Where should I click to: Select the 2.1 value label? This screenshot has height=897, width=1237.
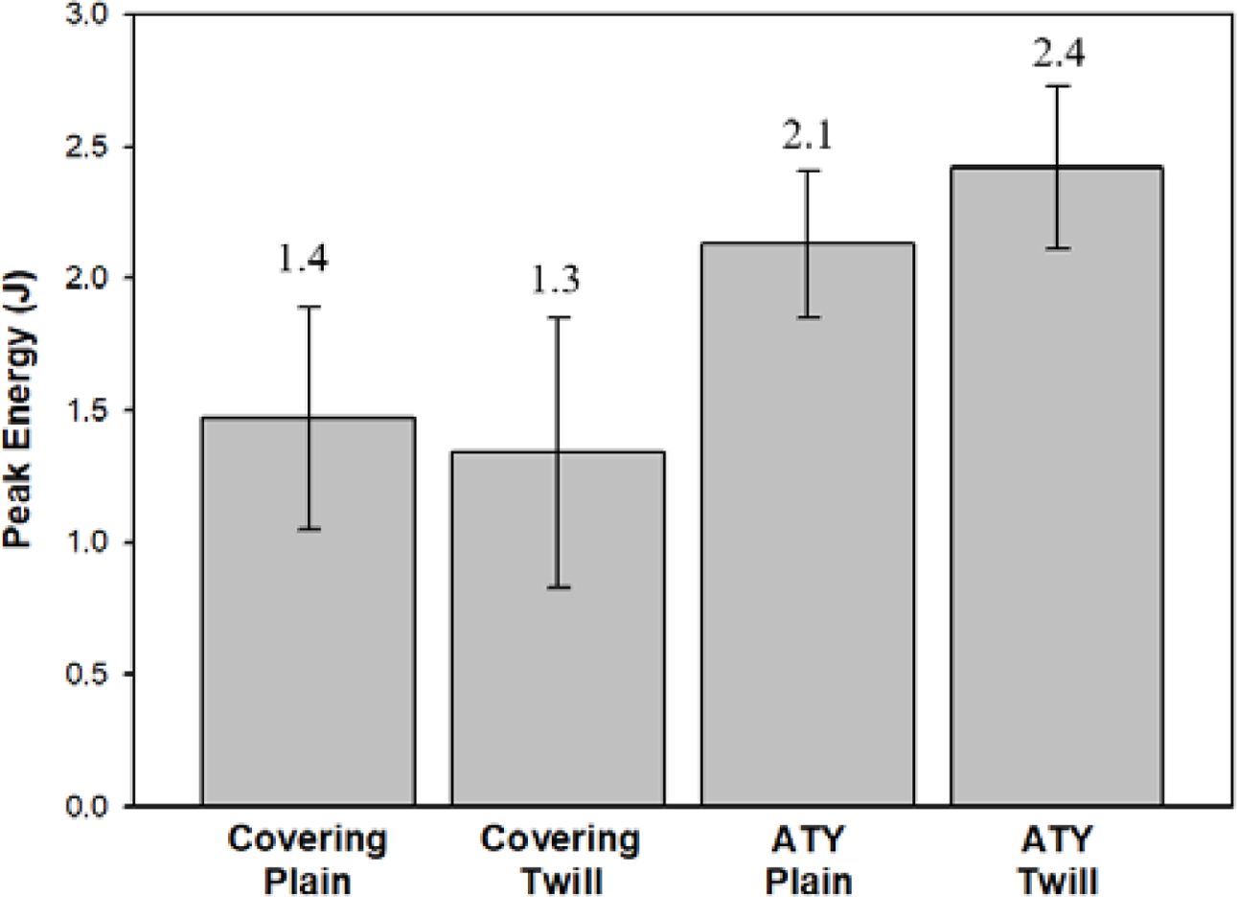click(x=808, y=135)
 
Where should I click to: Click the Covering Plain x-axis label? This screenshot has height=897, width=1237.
click(x=308, y=859)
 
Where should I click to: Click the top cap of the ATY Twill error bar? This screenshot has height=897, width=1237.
click(x=1058, y=86)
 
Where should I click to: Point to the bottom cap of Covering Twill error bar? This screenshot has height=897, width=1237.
click(x=559, y=587)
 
